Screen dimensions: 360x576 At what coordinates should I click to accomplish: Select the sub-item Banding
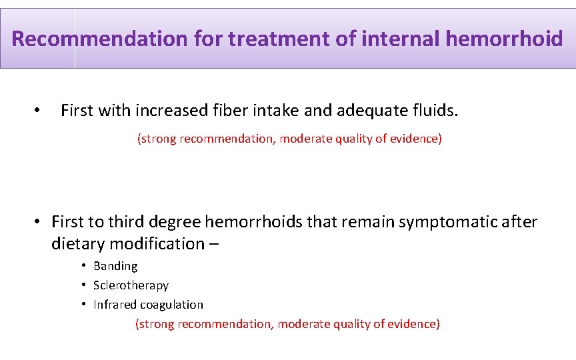(x=115, y=266)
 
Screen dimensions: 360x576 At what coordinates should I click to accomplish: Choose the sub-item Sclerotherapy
(x=131, y=285)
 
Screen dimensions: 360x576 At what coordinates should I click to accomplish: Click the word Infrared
(x=115, y=305)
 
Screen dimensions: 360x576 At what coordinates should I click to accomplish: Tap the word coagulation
(x=171, y=305)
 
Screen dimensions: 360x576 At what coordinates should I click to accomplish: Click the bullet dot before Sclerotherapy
(x=84, y=285)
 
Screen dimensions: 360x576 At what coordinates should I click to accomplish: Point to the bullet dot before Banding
(x=84, y=266)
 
